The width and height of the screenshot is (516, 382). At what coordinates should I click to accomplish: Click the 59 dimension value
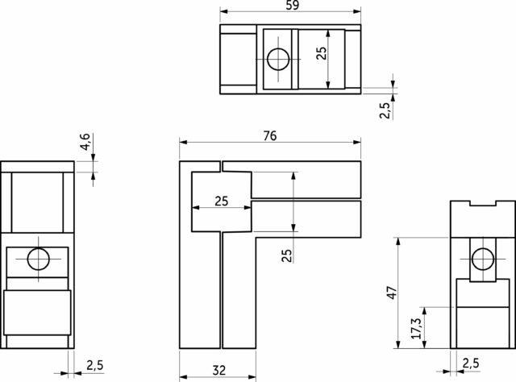pos(292,5)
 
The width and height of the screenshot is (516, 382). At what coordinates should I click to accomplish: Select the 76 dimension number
pos(270,135)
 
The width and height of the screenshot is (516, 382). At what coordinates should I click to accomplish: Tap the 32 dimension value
pos(219,371)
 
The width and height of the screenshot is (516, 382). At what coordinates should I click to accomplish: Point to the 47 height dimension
pos(392,293)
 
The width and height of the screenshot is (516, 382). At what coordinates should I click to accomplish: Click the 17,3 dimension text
pos(416,328)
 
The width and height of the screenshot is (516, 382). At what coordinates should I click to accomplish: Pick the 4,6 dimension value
pos(85,142)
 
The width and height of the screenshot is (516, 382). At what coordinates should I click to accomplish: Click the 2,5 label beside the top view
pos(385,110)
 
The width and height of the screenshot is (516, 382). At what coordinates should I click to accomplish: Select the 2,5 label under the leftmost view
pos(95,365)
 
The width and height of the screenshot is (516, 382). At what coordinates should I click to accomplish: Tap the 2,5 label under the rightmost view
pos(471,363)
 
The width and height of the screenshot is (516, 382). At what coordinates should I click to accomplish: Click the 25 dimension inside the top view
pos(322,53)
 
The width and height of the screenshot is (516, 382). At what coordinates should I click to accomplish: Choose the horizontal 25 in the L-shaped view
pos(221,201)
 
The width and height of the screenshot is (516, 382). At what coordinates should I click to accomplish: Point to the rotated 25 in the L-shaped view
pos(287,255)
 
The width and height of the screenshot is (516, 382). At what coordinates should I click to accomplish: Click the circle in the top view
pos(278,59)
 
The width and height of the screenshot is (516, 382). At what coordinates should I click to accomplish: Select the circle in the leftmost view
pos(39,259)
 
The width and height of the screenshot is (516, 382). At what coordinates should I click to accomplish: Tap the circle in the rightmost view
pos(483,259)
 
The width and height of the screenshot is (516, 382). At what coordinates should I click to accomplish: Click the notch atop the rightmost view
pos(483,203)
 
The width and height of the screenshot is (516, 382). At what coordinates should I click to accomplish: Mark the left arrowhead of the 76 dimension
pos(183,142)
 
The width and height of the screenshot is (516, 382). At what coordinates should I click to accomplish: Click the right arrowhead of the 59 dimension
pos(357,11)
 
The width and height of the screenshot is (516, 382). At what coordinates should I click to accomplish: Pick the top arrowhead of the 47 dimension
pos(398,241)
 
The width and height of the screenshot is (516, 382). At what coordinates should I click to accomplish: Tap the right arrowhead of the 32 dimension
pos(252,376)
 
